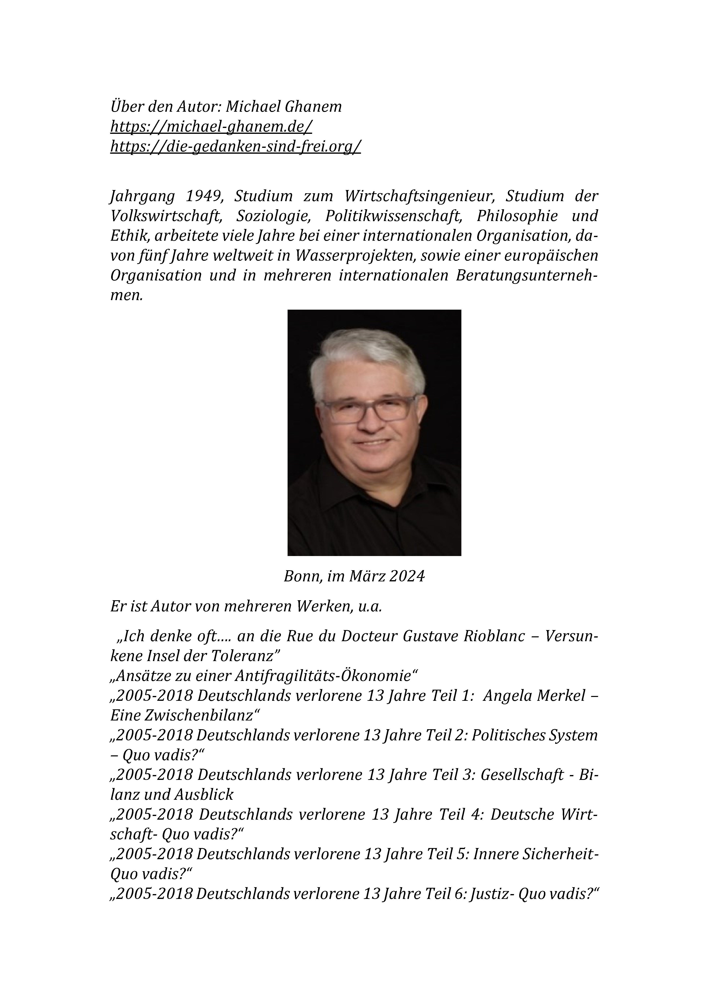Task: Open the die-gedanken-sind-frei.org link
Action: pos(235,146)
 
